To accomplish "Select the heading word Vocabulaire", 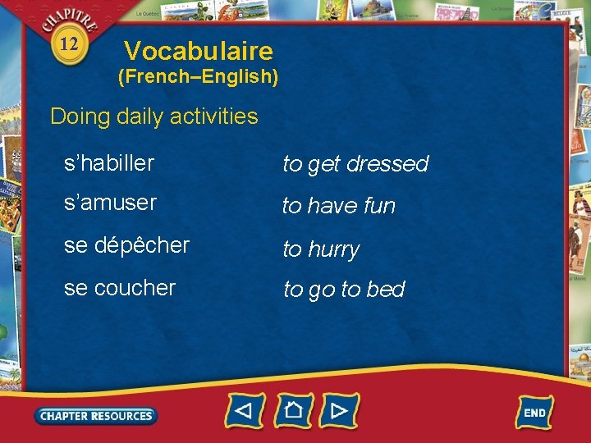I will pyautogui.click(x=198, y=52).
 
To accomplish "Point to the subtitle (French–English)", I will pyautogui.click(x=199, y=78).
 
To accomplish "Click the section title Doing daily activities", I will pyautogui.click(x=154, y=116).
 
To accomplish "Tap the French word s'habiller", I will pyautogui.click(x=109, y=163).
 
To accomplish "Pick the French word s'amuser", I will pyautogui.click(x=110, y=203).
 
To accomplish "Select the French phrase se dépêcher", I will pyautogui.click(x=126, y=245).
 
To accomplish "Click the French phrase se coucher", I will pyautogui.click(x=120, y=288).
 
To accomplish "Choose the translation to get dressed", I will pyautogui.click(x=355, y=164).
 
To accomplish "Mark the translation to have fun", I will pyautogui.click(x=339, y=206).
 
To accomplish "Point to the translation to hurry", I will pyautogui.click(x=321, y=249).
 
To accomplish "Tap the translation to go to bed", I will pyautogui.click(x=344, y=290).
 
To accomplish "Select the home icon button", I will pyautogui.click(x=293, y=409).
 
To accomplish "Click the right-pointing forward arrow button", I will pyautogui.click(x=340, y=409).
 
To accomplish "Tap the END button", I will pyautogui.click(x=534, y=412).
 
